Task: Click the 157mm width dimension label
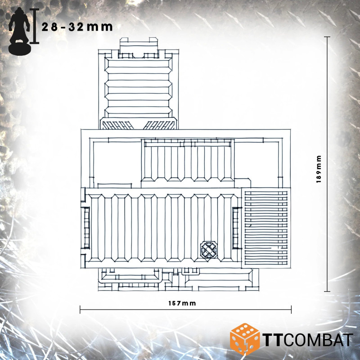pyautogui.click(x=182, y=303)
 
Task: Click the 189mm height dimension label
pyautogui.click(x=319, y=169)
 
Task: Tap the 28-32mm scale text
pyautogui.click(x=77, y=27)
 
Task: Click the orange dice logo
pyautogui.click(x=244, y=339)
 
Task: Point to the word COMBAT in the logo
pyautogui.click(x=319, y=340)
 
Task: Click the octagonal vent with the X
pyautogui.click(x=209, y=250)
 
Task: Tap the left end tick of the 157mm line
pyautogui.click(x=80, y=310)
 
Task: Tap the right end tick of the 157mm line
pyautogui.click(x=291, y=310)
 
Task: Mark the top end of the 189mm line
pyautogui.click(x=327, y=37)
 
